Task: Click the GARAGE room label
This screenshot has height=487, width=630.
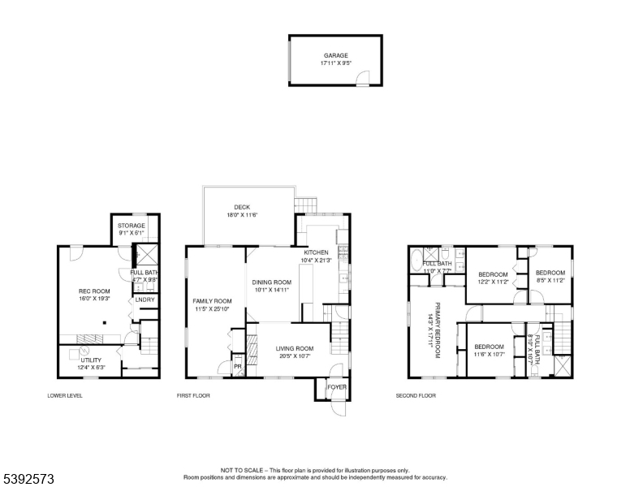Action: [x=335, y=56]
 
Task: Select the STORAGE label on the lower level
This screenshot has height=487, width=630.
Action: [x=131, y=226]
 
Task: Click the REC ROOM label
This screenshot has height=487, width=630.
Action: [x=93, y=291]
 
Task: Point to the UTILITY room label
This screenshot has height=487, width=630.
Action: [x=90, y=360]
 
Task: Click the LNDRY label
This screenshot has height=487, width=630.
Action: [x=145, y=300]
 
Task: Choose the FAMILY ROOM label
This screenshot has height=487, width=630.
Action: [x=212, y=301]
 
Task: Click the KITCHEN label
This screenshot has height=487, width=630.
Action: [x=316, y=252]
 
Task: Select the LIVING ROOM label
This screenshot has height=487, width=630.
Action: [x=295, y=348]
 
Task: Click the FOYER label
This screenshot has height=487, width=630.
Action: [x=336, y=388]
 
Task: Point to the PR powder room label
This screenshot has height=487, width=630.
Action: [x=238, y=366]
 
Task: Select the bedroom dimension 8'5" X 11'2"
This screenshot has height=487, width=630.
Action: [x=550, y=280]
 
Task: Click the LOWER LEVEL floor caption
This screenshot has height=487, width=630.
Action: [x=65, y=396]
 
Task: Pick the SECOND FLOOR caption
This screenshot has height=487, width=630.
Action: [x=416, y=396]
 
